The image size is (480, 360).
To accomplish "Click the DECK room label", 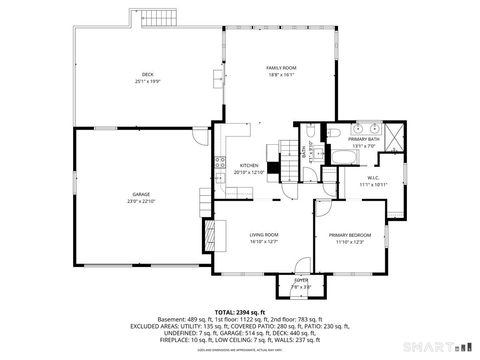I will pos(147,74).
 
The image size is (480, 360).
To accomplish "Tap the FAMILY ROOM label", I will pos(281,67).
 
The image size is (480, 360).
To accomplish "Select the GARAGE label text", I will pos(141,195).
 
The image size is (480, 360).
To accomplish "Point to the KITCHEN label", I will pos(248,166).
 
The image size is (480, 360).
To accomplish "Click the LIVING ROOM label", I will pos(264,234).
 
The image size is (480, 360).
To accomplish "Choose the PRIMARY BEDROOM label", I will pos(350,235).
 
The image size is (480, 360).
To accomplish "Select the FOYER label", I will pos(301,281).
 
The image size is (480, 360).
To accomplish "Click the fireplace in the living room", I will pos(209,235).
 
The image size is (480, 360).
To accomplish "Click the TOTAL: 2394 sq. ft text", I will pos(240,312).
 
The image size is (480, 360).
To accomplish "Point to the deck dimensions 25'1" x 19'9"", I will pos(147,80).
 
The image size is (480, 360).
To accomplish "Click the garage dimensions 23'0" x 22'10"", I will pos(141,201).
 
